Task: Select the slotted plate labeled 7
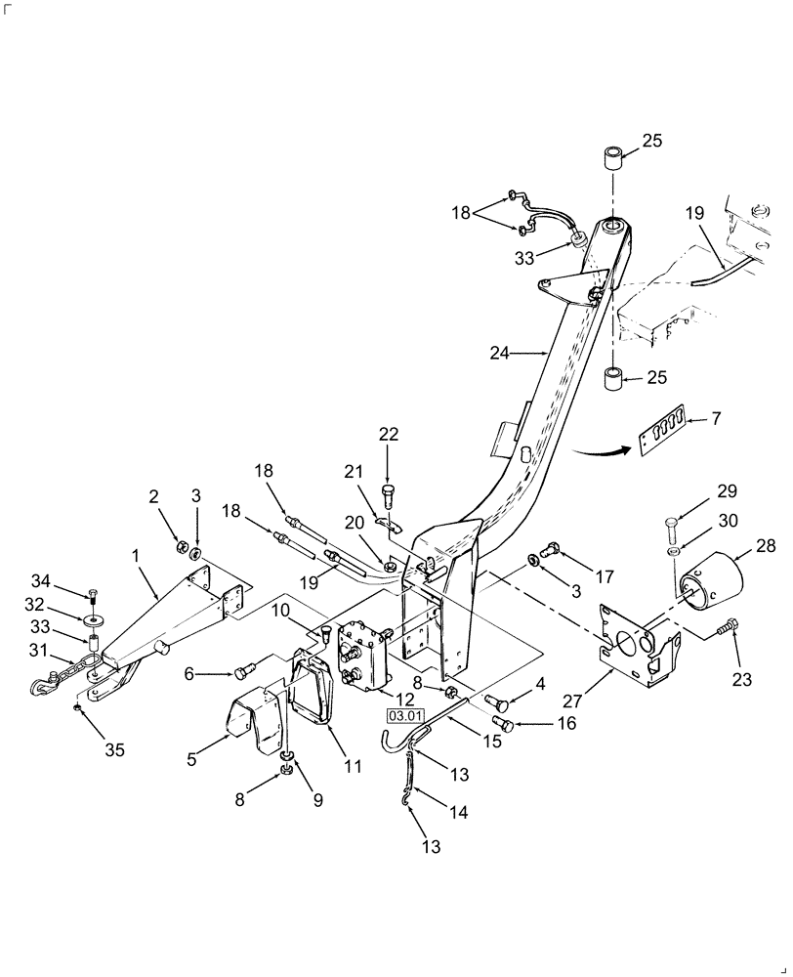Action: point(658,430)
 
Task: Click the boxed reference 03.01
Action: point(405,716)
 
